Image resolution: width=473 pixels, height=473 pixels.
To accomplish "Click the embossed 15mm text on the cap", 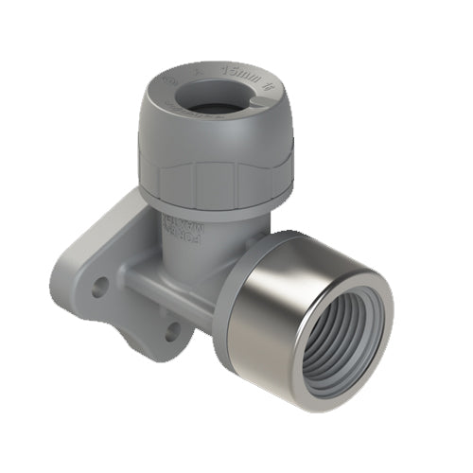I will tap(233, 72).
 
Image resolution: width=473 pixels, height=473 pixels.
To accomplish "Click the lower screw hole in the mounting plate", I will tap(172, 331).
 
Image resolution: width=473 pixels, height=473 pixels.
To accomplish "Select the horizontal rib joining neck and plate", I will tap(161, 284).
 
